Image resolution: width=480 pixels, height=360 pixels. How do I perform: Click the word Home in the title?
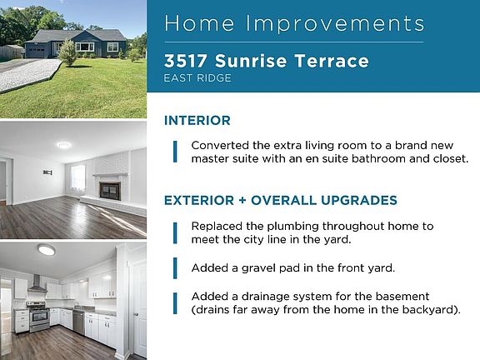pyautogui.click(x=199, y=23)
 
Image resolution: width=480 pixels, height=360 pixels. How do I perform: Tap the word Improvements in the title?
pyautogui.click(x=335, y=23)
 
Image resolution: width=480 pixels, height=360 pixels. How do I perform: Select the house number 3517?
pyautogui.click(x=185, y=61)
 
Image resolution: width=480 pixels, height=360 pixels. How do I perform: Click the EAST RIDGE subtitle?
pyautogui.click(x=197, y=78)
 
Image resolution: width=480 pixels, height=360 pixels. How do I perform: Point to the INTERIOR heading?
pyautogui.click(x=197, y=120)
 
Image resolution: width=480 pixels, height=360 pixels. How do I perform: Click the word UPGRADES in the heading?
pyautogui.click(x=359, y=200)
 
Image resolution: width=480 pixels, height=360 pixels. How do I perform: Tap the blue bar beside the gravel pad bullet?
pyautogui.click(x=175, y=268)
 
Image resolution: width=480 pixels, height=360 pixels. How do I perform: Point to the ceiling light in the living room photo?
pyautogui.click(x=63, y=145)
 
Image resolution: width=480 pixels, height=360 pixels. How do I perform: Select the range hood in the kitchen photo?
pyautogui.click(x=37, y=284)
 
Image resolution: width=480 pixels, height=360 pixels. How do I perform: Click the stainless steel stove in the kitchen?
pyautogui.click(x=38, y=316)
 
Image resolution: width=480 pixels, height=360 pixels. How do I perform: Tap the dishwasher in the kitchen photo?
pyautogui.click(x=78, y=322)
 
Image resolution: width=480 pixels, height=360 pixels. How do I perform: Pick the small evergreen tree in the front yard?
pyautogui.click(x=67, y=52)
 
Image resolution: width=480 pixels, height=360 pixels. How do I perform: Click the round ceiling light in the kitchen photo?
pyautogui.click(x=47, y=249)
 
